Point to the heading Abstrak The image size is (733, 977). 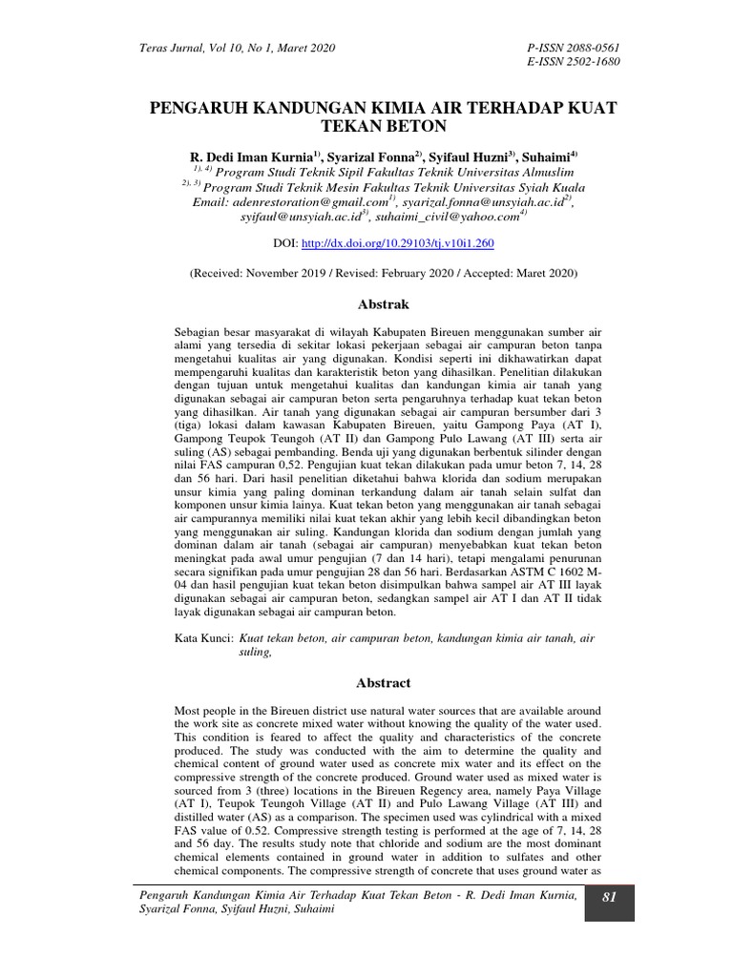click(x=383, y=304)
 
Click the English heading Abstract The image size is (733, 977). click(x=383, y=683)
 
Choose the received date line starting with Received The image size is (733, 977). click(x=383, y=273)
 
